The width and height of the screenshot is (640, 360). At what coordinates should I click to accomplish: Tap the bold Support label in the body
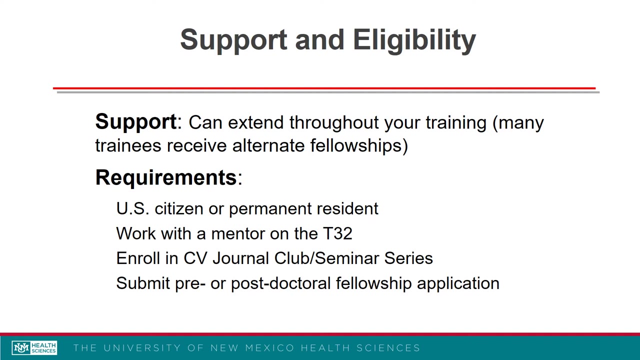[x=135, y=122]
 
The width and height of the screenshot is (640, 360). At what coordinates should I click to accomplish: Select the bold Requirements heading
[x=165, y=177]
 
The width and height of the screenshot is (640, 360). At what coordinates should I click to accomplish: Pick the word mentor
[x=238, y=233]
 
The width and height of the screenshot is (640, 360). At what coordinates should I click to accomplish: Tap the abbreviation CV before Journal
[x=195, y=258]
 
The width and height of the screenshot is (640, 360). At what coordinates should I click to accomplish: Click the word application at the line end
[x=458, y=283]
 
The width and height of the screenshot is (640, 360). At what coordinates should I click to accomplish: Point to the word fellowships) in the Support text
[x=359, y=146]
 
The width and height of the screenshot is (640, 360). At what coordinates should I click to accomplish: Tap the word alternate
[x=268, y=146]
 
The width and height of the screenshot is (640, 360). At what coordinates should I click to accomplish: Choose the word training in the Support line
[x=455, y=123]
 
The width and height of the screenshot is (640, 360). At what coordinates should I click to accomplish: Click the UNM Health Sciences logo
[x=34, y=347]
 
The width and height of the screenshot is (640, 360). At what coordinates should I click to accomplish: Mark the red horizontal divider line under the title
[x=324, y=88]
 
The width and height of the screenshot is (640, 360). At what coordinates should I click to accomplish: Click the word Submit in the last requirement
[x=143, y=283]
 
